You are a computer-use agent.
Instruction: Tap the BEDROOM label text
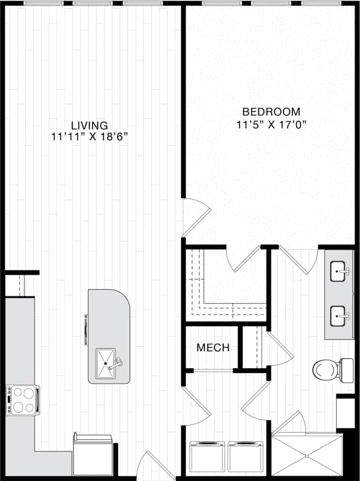tap(271, 111)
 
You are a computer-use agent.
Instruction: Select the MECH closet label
tap(213, 347)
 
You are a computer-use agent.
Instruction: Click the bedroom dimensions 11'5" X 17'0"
tap(271, 124)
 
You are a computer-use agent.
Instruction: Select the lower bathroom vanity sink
tap(340, 317)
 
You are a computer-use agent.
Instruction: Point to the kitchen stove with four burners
tap(22, 400)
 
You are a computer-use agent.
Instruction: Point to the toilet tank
tap(346, 371)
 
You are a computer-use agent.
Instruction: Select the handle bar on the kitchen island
tap(85, 330)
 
